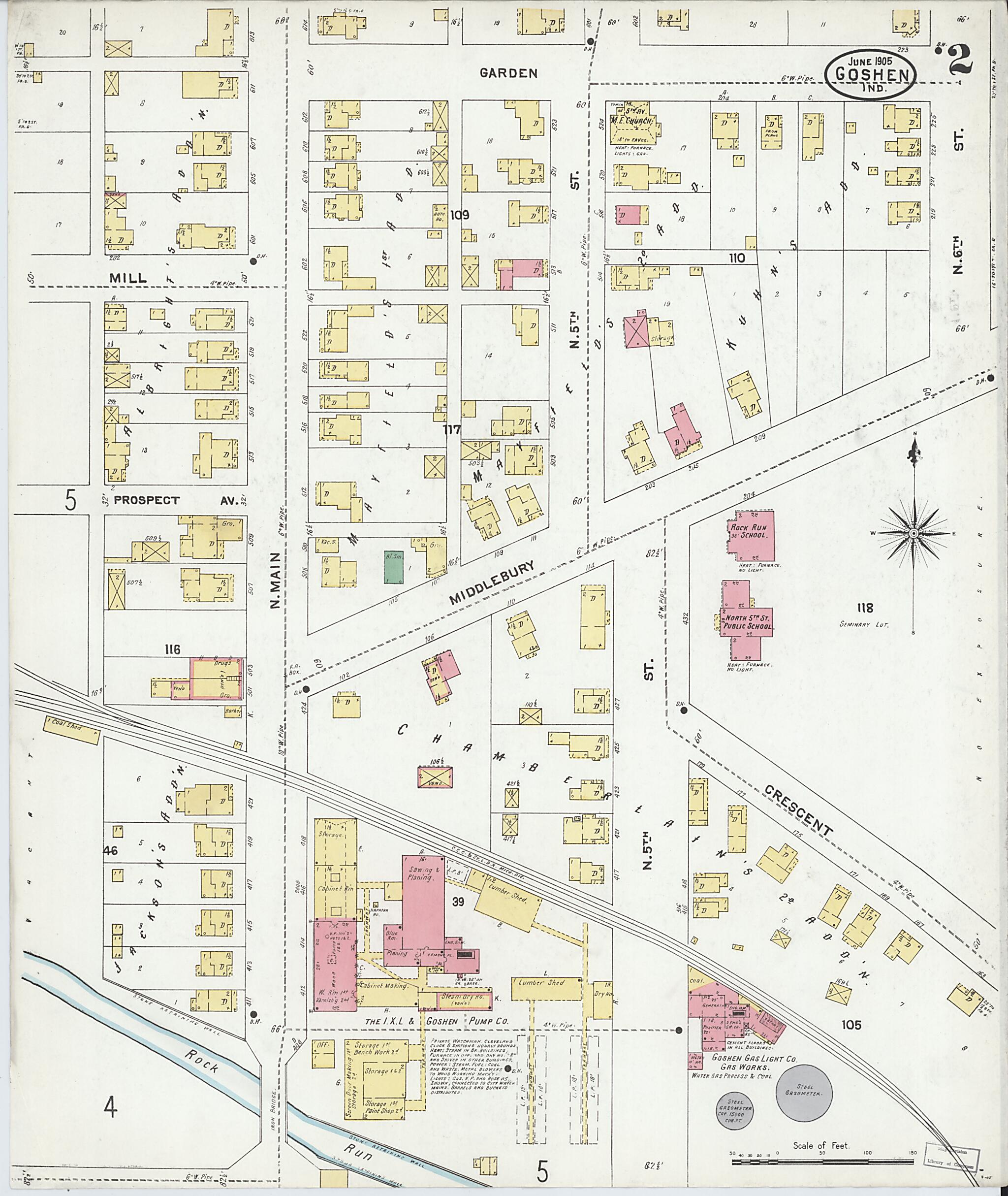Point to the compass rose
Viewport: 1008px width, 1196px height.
(913, 533)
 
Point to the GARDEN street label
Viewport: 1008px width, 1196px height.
(508, 72)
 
